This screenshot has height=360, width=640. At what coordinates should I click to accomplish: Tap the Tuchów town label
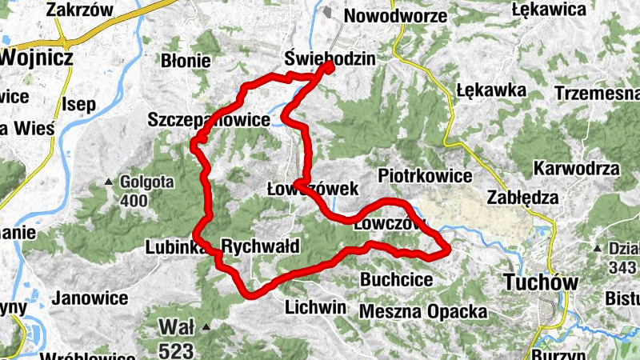[x=542, y=282]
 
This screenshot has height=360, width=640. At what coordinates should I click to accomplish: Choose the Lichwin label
[x=315, y=307]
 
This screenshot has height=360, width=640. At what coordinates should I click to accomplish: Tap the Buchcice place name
[x=397, y=280]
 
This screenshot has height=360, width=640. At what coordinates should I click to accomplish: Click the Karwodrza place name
[x=577, y=169]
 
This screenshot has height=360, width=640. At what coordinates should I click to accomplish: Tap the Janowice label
[x=90, y=298]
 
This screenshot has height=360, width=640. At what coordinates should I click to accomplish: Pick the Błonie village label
[x=186, y=60]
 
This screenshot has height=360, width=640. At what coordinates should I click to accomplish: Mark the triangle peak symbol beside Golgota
[x=108, y=183]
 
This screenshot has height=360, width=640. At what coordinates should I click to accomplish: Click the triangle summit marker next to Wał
[x=206, y=326]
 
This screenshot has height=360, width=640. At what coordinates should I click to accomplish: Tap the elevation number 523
[x=176, y=350]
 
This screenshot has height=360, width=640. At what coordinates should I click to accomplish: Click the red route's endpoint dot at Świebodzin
[x=328, y=68]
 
